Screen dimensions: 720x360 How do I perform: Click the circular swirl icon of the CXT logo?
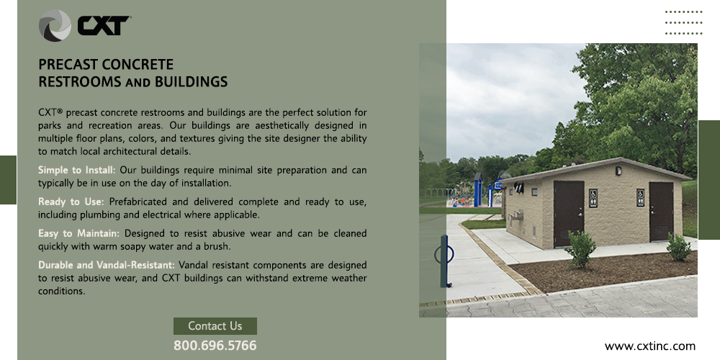tap(55, 26)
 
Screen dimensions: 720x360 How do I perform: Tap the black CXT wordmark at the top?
tap(103, 26)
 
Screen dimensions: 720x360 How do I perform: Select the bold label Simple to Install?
tap(77, 171)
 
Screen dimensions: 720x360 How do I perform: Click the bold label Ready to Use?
tap(71, 202)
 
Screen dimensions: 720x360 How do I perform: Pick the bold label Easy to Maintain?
tap(78, 233)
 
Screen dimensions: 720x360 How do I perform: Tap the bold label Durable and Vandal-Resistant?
tap(107, 265)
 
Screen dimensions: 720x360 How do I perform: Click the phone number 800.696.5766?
tap(215, 346)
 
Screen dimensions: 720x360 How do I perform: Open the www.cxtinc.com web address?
tap(649, 346)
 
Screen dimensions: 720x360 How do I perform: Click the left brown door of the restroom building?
tap(569, 213)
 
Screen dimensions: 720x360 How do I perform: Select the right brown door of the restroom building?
tap(661, 211)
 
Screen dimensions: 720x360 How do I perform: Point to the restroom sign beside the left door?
tap(593, 199)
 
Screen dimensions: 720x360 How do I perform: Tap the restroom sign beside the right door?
tap(641, 198)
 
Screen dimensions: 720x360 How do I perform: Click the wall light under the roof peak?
tap(618, 171)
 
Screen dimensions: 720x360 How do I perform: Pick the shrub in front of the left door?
tap(581, 249)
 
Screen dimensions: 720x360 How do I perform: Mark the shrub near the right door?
tap(679, 247)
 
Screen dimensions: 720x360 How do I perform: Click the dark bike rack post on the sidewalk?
tap(444, 261)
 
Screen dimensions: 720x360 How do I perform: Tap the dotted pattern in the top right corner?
tap(684, 22)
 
